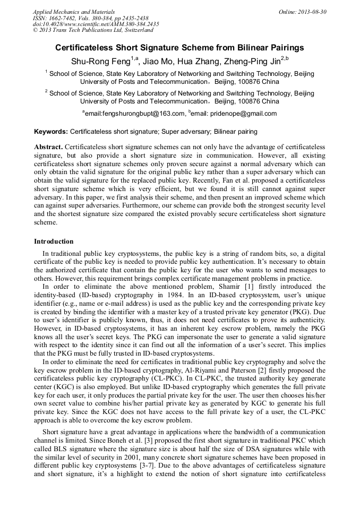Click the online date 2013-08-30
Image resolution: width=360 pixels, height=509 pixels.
point(313,11)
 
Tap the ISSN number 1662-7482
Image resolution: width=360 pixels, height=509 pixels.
point(63,18)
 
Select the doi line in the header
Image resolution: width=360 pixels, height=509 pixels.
point(96,24)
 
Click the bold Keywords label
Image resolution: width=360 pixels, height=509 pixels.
point(51,131)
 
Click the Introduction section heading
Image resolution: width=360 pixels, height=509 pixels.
point(54,241)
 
